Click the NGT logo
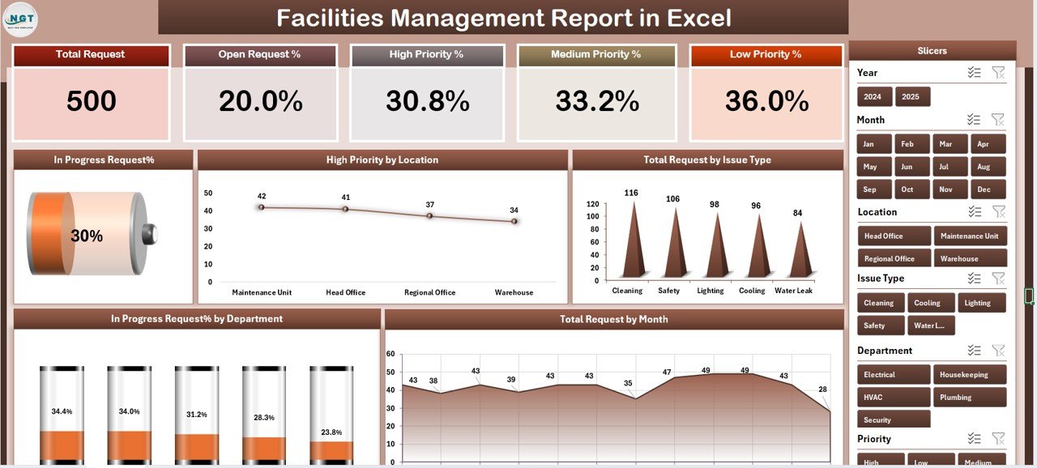coord(20,19)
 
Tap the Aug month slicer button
coord(984,167)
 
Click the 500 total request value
coord(92,101)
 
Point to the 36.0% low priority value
coord(766,101)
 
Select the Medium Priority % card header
coord(595,55)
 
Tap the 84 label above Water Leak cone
coord(797,213)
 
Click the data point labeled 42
coord(261,207)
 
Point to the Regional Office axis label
coord(429,292)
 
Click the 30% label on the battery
coord(87,236)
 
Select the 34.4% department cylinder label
coord(62,411)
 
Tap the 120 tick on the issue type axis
coord(593,205)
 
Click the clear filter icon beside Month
coord(998,120)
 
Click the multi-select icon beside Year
coord(974,73)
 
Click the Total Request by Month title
coord(613,319)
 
